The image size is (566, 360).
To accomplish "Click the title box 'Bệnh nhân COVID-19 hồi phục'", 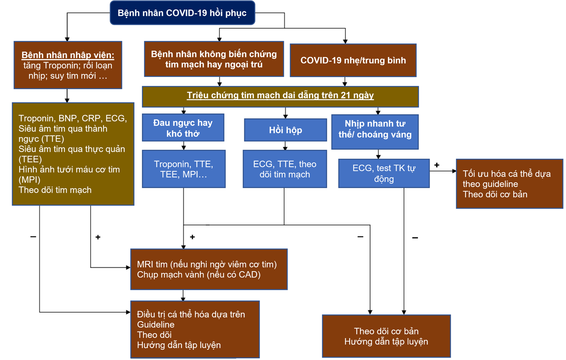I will (182, 13).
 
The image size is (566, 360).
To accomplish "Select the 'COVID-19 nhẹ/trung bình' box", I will (353, 60).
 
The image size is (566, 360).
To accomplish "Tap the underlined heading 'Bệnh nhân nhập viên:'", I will (68, 55).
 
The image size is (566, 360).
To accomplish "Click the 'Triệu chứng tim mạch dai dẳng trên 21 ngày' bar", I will (280, 95).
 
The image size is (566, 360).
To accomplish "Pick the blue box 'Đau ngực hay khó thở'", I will (183, 128).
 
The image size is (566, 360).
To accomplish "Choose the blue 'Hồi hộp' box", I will (285, 130).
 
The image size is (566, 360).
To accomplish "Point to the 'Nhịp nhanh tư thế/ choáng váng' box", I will (375, 130).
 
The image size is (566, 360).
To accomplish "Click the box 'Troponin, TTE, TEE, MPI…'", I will (184, 169).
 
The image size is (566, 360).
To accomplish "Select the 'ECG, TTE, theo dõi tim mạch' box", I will (285, 169).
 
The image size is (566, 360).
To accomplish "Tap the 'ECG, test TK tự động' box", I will (384, 173).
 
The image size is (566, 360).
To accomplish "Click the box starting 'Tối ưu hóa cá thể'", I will (509, 184).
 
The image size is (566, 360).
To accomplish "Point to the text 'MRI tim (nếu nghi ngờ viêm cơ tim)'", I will (207, 264).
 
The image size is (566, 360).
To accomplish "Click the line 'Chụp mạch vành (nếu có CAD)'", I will (198, 275).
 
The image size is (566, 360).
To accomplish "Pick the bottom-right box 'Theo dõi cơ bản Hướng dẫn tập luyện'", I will (386, 336).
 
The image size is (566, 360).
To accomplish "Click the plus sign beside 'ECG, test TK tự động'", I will (437, 165).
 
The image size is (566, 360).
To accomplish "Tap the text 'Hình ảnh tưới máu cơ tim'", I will (69, 170).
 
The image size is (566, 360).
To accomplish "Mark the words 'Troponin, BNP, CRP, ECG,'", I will (72, 118).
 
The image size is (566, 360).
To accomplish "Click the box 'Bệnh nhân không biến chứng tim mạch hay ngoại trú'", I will (214, 59).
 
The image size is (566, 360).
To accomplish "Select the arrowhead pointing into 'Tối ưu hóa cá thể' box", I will (454, 171).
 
